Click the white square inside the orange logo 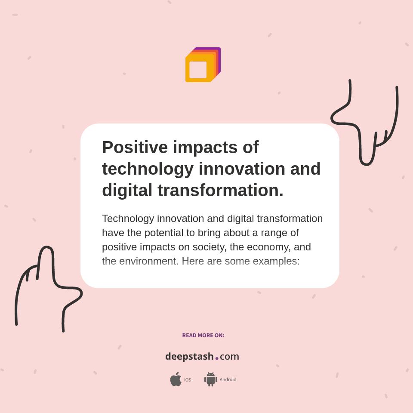[x=198, y=70]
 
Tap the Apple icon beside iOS [x=176, y=379]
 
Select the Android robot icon [x=210, y=379]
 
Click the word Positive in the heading [x=134, y=148]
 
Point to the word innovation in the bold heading [x=242, y=169]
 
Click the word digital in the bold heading [x=127, y=190]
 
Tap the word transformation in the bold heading [x=220, y=190]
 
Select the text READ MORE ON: [x=203, y=336]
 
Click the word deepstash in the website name [x=189, y=357]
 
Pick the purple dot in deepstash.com [x=217, y=358]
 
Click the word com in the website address [x=229, y=357]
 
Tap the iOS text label [x=188, y=380]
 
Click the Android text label [x=228, y=379]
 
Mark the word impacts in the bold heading [x=205, y=148]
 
